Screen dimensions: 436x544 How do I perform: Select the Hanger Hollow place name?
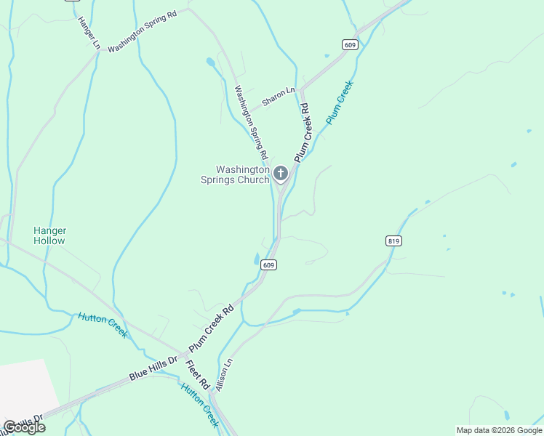tap(49, 235)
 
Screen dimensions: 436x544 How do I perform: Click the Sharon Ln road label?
tap(279, 97)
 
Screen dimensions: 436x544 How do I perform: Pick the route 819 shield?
tap(394, 241)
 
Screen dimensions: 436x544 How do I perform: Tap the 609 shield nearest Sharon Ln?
tap(351, 45)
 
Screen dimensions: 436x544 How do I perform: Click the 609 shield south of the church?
tap(269, 265)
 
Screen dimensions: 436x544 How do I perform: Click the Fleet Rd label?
tap(197, 374)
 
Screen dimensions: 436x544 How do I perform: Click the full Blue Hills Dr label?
tap(153, 369)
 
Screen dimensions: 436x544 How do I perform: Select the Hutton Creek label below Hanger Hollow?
tap(103, 325)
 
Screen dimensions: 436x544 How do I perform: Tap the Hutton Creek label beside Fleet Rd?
tap(199, 405)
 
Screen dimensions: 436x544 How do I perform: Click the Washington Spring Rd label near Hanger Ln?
tap(143, 31)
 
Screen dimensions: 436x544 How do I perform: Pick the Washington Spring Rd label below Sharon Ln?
tap(251, 123)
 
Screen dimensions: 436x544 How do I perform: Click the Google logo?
tap(25, 427)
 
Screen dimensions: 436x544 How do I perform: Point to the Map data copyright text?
tap(498, 430)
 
